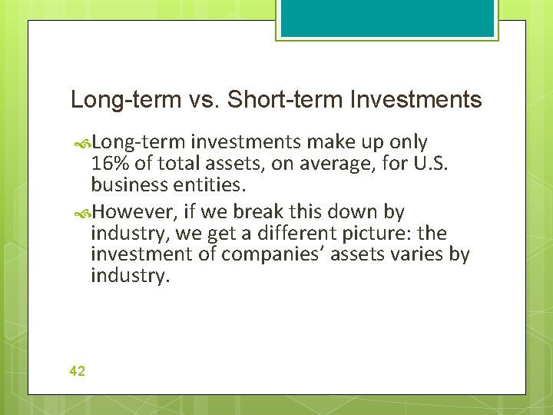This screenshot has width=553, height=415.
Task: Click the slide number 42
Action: tap(77, 371)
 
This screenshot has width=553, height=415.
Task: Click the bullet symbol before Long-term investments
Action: tap(84, 143)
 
